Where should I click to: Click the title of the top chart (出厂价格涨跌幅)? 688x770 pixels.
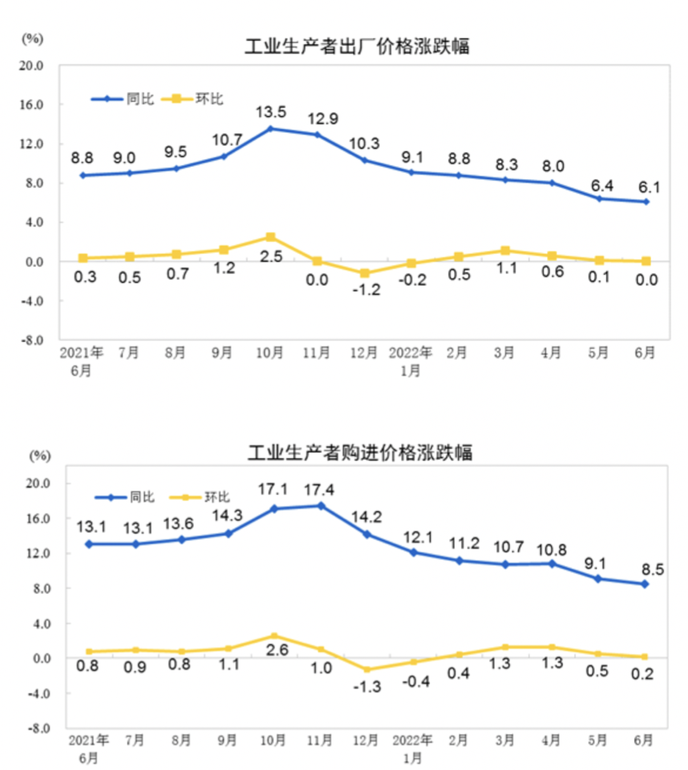(357, 47)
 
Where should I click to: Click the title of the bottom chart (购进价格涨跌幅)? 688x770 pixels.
(359, 453)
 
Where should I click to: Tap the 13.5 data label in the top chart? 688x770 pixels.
(271, 112)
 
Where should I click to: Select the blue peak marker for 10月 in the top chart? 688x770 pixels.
(271, 129)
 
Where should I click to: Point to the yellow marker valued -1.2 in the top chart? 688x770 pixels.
(364, 274)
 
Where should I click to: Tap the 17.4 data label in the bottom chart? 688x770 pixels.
(319, 489)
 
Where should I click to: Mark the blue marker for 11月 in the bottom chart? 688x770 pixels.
(321, 506)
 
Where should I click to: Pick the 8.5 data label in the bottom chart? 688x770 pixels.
(652, 570)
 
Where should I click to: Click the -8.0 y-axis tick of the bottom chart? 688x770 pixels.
(37, 729)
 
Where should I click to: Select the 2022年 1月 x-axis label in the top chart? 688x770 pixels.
(411, 361)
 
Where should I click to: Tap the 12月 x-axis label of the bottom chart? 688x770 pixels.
(366, 740)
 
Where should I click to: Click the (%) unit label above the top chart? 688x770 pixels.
(33, 39)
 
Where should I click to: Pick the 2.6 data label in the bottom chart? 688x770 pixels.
(277, 650)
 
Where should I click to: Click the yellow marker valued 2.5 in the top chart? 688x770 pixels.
(271, 237)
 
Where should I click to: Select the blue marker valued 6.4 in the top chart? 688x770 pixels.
(599, 199)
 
